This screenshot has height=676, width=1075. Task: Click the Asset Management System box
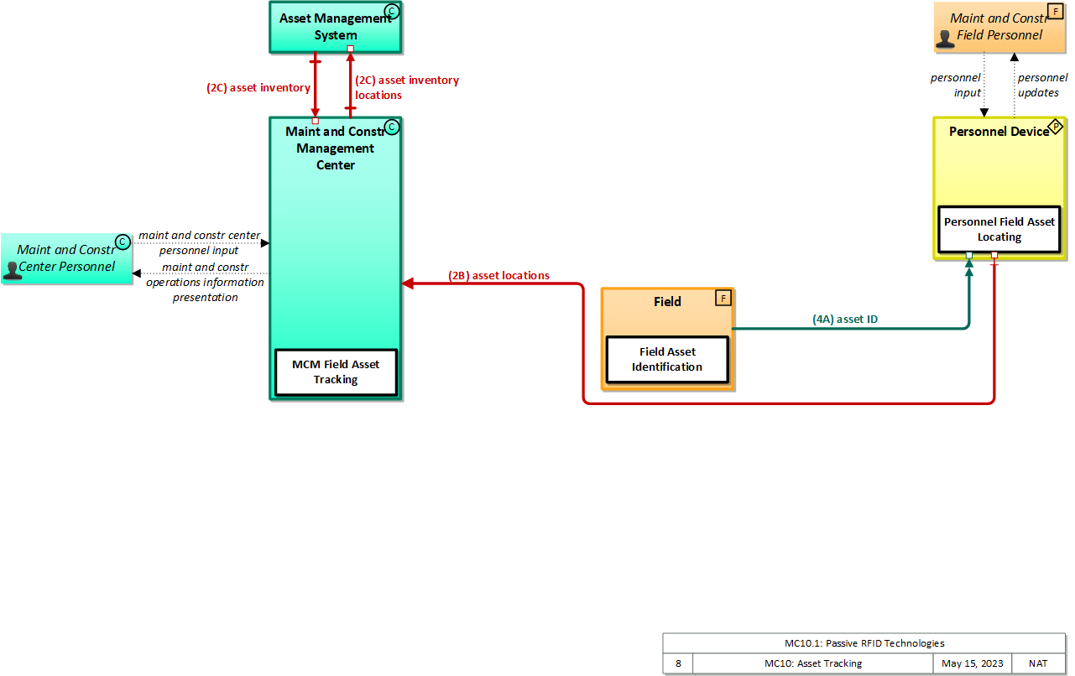[x=335, y=27]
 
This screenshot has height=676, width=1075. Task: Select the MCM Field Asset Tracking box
[x=336, y=372]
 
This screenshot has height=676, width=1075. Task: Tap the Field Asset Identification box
[x=667, y=359]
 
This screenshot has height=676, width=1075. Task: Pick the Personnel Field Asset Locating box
[x=999, y=229]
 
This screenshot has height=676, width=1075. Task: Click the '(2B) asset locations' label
[x=498, y=275]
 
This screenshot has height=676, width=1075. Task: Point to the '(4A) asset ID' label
[x=845, y=319]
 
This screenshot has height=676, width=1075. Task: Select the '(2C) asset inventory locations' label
[x=407, y=87]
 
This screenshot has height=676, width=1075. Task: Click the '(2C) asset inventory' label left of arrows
[x=258, y=87]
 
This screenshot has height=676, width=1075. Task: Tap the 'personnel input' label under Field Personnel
[x=956, y=85]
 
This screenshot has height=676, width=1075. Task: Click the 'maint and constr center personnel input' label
[x=199, y=242]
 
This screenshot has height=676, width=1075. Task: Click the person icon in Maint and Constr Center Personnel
[x=12, y=269]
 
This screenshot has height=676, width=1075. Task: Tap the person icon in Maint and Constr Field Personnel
[x=946, y=37]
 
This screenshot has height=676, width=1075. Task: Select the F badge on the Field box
[x=722, y=298]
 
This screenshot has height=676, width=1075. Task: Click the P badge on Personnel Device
[x=1056, y=127]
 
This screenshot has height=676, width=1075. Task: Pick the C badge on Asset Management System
[x=390, y=11]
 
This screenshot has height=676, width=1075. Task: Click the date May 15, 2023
[x=972, y=663]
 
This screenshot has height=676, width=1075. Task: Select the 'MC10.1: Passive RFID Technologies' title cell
[x=864, y=643]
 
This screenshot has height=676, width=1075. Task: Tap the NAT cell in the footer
[x=1038, y=663]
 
